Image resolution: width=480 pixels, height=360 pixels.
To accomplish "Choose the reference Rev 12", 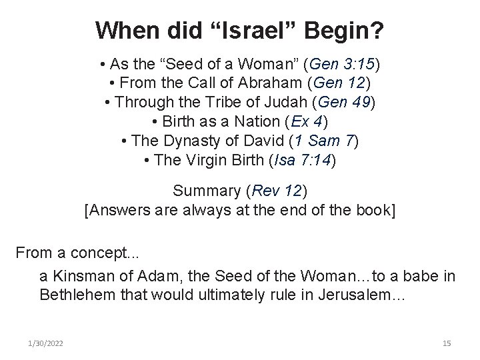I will (273, 191).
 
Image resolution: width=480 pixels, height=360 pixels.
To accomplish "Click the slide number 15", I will (446, 343).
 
